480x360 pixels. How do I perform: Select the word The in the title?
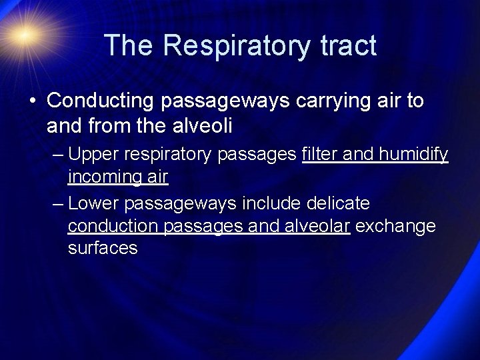pos(126,45)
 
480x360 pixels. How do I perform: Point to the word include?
pos(278,202)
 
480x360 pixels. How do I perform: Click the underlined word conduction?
pos(109,225)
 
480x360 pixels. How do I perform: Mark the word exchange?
pos(397,226)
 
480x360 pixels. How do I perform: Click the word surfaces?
pos(103,249)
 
